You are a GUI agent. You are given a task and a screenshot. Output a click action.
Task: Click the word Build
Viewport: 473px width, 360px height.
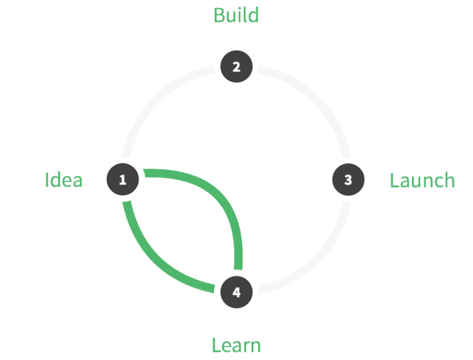click(x=236, y=15)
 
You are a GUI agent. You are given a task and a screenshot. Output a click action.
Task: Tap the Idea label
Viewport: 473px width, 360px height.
click(x=64, y=180)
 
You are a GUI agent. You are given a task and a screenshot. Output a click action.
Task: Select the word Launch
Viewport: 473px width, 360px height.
click(x=422, y=180)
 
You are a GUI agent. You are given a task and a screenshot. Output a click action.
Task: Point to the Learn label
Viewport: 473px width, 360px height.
click(x=236, y=345)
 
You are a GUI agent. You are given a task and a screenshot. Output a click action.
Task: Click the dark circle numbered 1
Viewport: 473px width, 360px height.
click(x=123, y=179)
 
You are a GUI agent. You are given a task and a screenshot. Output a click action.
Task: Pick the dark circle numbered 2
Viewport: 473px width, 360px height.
click(x=236, y=66)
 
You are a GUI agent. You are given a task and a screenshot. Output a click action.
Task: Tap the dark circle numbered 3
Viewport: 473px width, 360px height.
click(x=348, y=179)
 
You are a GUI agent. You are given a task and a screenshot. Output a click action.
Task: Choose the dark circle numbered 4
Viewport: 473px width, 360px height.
click(x=236, y=292)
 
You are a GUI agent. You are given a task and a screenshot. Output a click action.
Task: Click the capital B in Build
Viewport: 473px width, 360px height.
click(x=219, y=15)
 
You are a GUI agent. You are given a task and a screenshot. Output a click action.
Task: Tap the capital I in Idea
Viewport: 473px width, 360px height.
click(x=47, y=180)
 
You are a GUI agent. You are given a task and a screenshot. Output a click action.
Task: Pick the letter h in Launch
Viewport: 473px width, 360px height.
click(x=449, y=180)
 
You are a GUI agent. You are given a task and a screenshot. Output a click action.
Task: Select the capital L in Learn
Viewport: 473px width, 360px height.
click(x=217, y=345)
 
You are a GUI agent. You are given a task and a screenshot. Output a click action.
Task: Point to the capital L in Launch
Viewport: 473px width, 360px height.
click(x=395, y=181)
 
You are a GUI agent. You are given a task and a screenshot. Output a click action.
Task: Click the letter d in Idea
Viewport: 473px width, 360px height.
click(x=56, y=180)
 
